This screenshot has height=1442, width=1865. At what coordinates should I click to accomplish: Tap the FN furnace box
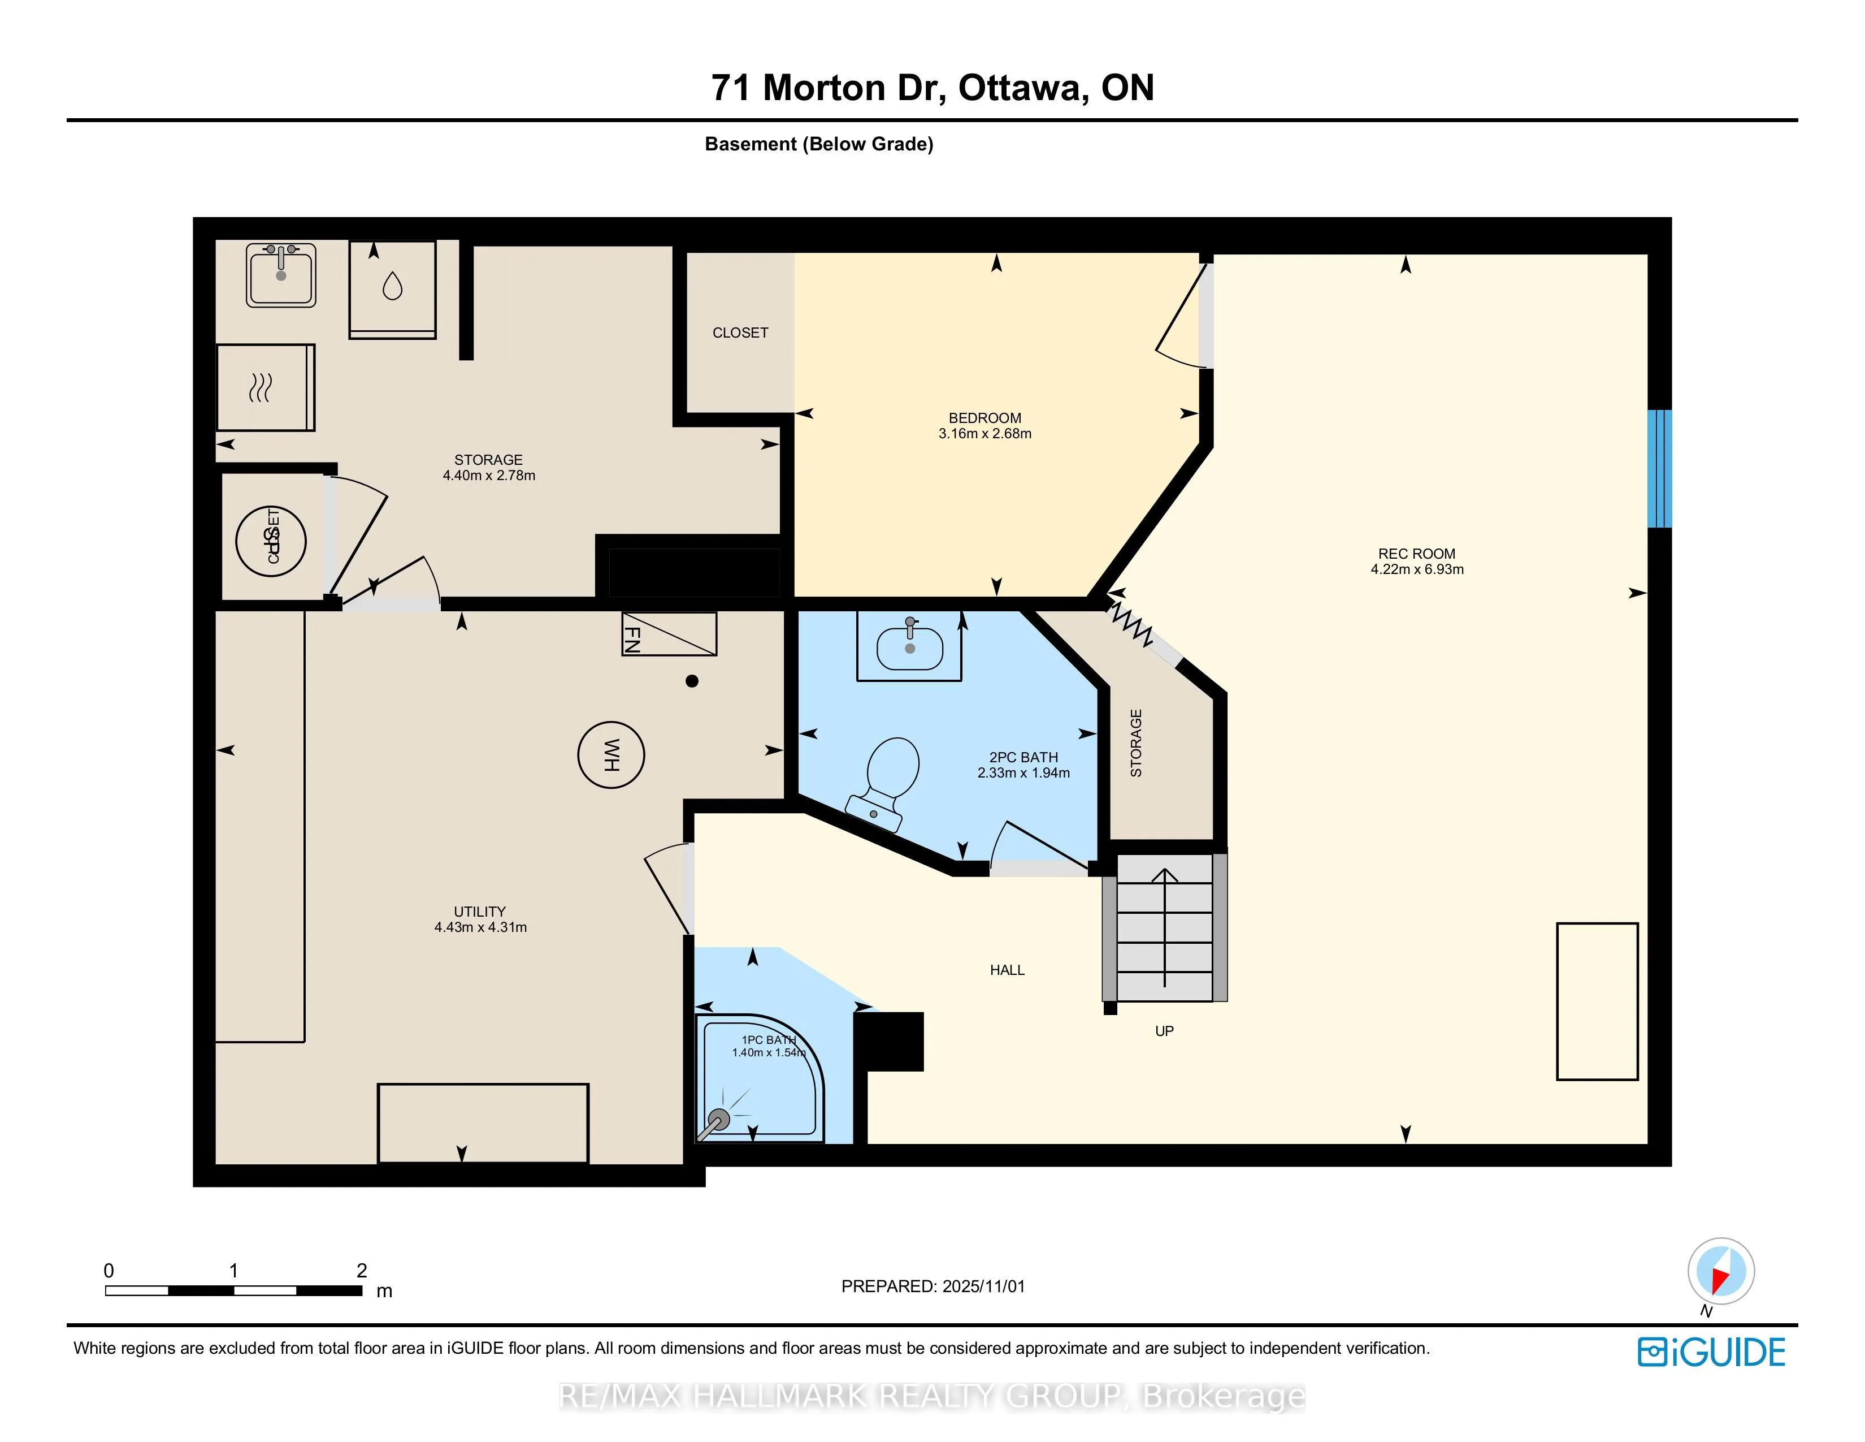(x=669, y=634)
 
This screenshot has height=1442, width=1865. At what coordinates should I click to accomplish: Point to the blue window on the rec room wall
(x=1658, y=468)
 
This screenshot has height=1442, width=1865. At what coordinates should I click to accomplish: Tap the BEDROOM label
(x=984, y=418)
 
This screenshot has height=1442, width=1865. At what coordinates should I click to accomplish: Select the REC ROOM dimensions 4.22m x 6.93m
(x=1417, y=569)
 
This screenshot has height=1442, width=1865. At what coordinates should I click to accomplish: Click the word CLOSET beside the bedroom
(x=740, y=333)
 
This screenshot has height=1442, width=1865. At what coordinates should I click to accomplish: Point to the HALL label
(x=1007, y=970)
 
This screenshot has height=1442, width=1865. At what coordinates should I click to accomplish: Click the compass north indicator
(x=1721, y=1271)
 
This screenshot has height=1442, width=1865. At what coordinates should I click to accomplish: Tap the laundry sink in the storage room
(x=281, y=275)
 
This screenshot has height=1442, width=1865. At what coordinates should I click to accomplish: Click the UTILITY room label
(x=480, y=912)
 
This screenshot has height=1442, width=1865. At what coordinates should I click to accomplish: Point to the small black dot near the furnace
(x=692, y=681)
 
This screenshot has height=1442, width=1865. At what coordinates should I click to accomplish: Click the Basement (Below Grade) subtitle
(x=818, y=144)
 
